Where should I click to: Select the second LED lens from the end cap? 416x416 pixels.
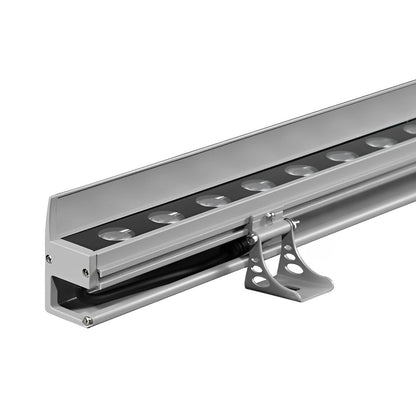coord(166,216)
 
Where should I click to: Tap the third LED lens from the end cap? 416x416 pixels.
coord(213,200)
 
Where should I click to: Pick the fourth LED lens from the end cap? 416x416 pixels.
coord(258,184)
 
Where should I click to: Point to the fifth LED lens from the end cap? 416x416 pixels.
coord(301,169)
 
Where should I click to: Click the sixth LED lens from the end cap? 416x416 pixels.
coord(342,155)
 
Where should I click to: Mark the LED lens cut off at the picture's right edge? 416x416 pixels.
coord(410,130)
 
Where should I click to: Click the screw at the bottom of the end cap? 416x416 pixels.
coord(88,321)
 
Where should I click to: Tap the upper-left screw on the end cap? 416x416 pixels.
coord(49,258)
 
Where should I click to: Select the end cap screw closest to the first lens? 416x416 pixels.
coord(86,271)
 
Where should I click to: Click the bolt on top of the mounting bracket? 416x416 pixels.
coord(268,216)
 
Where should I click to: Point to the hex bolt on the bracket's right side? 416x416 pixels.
coord(293,225)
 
